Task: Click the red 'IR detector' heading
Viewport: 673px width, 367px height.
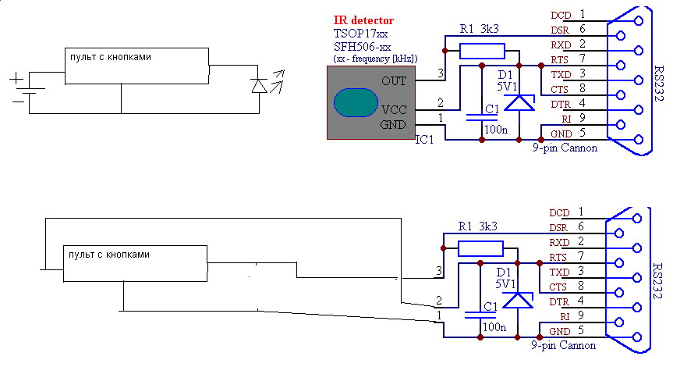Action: (363, 20)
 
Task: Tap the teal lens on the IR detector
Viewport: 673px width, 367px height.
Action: (356, 103)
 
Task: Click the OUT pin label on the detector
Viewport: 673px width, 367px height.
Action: (394, 80)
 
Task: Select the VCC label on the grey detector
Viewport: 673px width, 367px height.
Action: (394, 109)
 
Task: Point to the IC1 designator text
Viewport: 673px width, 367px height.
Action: (424, 140)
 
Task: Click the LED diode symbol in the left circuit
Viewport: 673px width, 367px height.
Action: (259, 86)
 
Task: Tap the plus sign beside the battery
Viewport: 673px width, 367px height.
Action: (16, 79)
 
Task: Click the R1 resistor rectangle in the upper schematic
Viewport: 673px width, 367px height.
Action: (482, 51)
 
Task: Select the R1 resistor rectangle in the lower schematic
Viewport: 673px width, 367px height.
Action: (480, 249)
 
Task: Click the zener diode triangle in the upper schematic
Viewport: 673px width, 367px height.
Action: (519, 103)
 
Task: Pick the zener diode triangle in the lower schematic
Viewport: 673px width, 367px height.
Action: (517, 301)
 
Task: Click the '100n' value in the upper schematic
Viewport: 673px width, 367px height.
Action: (496, 130)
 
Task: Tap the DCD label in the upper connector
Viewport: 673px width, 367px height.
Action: (561, 16)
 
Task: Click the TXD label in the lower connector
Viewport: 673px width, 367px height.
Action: (559, 273)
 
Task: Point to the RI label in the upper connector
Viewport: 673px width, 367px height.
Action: (567, 119)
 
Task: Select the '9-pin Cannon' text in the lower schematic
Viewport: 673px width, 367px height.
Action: (563, 345)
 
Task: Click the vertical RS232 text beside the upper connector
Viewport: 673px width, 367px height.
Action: (658, 84)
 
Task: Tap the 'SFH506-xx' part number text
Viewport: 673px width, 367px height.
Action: (362, 46)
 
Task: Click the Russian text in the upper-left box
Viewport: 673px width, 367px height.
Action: (110, 57)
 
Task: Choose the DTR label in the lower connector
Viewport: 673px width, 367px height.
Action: (559, 302)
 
